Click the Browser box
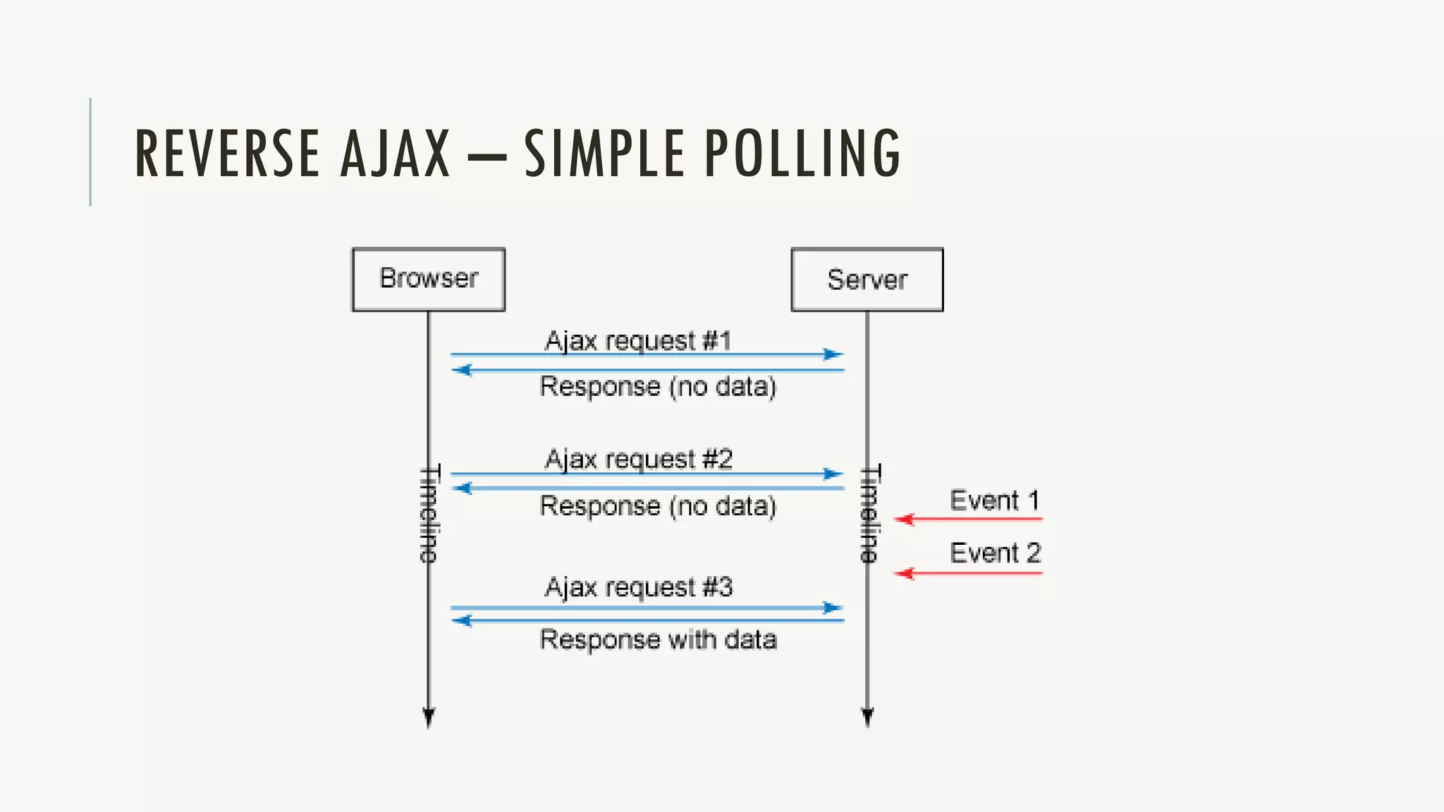pos(429,279)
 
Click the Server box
pos(867,279)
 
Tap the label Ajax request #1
pos(638,341)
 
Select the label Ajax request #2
pos(639,460)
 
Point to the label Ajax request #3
pos(639,587)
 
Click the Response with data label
pos(658,639)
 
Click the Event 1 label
pos(994,500)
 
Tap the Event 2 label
pos(995,553)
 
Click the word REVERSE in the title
pos(227,153)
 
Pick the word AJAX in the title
pos(395,153)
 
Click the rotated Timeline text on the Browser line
pos(429,513)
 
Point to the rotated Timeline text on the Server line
pos(870,513)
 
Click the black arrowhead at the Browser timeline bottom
pos(429,718)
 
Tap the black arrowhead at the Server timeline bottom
pos(867,718)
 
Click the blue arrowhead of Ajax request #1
pos(833,355)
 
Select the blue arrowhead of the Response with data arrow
pos(462,621)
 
